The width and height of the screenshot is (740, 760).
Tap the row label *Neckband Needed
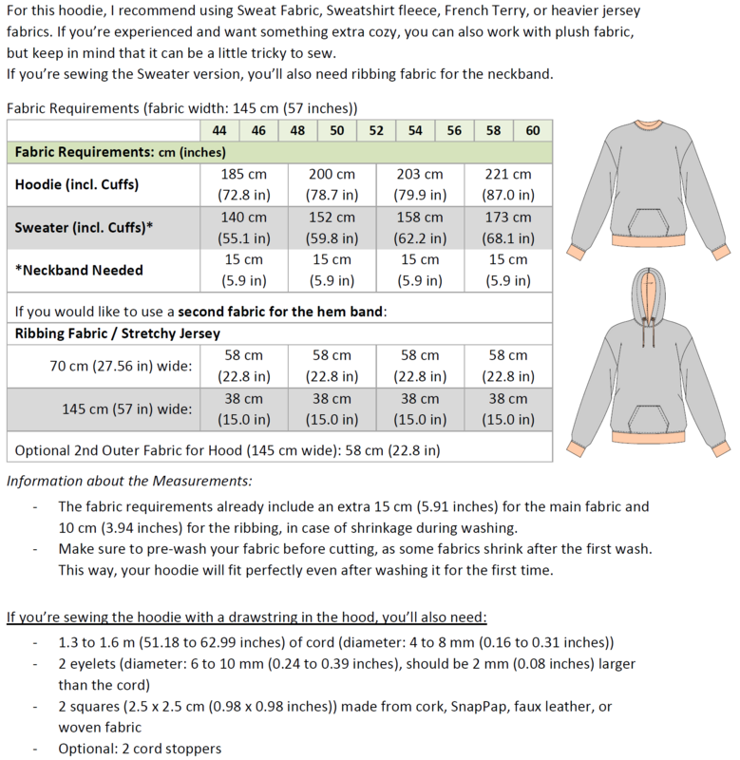[x=78, y=270]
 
